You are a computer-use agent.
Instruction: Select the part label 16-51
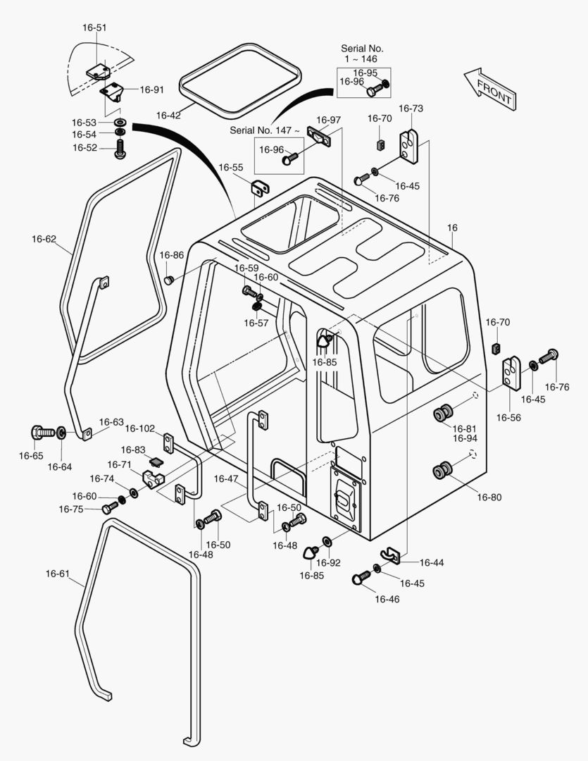point(95,28)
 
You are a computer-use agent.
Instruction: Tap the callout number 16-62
point(44,239)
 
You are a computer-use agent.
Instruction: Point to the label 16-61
point(58,574)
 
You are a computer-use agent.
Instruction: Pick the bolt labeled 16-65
point(42,431)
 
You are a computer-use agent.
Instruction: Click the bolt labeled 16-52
point(120,148)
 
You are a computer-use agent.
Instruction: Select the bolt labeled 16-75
point(110,507)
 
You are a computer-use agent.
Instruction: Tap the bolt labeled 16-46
point(361,578)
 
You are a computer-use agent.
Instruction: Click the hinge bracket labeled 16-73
point(408,146)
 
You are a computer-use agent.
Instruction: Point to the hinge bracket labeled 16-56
point(511,373)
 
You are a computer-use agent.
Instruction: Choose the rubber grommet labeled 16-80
point(444,471)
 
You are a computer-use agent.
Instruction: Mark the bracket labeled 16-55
point(261,188)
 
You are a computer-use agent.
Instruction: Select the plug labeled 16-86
point(169,280)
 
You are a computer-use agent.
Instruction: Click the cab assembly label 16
point(452,228)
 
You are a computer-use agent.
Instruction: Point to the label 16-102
point(140,428)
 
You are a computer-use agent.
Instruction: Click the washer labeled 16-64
point(61,432)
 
